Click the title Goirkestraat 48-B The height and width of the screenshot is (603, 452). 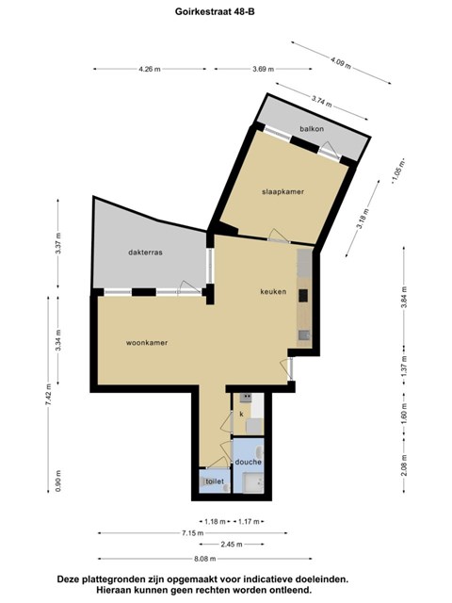(215, 11)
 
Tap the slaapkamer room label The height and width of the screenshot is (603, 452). (282, 191)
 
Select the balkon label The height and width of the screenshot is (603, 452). (312, 129)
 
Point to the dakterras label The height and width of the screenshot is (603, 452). (145, 253)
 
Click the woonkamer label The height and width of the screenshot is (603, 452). (147, 343)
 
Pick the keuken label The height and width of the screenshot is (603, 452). (273, 291)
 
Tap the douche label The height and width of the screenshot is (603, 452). (249, 462)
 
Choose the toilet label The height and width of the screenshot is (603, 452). (215, 481)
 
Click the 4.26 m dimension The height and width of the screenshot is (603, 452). (150, 69)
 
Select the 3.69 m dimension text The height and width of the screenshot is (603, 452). (264, 69)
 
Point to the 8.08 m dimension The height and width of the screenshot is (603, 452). (204, 559)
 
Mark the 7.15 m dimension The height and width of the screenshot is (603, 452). (192, 533)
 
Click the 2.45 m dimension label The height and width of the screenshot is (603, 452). (232, 545)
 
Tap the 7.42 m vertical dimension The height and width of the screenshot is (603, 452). (48, 395)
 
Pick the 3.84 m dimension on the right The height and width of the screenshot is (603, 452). (404, 298)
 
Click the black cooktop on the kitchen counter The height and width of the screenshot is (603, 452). (303, 295)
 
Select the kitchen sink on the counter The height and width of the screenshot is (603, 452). (305, 335)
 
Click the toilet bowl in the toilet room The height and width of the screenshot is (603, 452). (203, 481)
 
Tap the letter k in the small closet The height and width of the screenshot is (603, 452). (242, 415)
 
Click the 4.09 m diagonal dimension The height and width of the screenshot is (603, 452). (341, 62)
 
